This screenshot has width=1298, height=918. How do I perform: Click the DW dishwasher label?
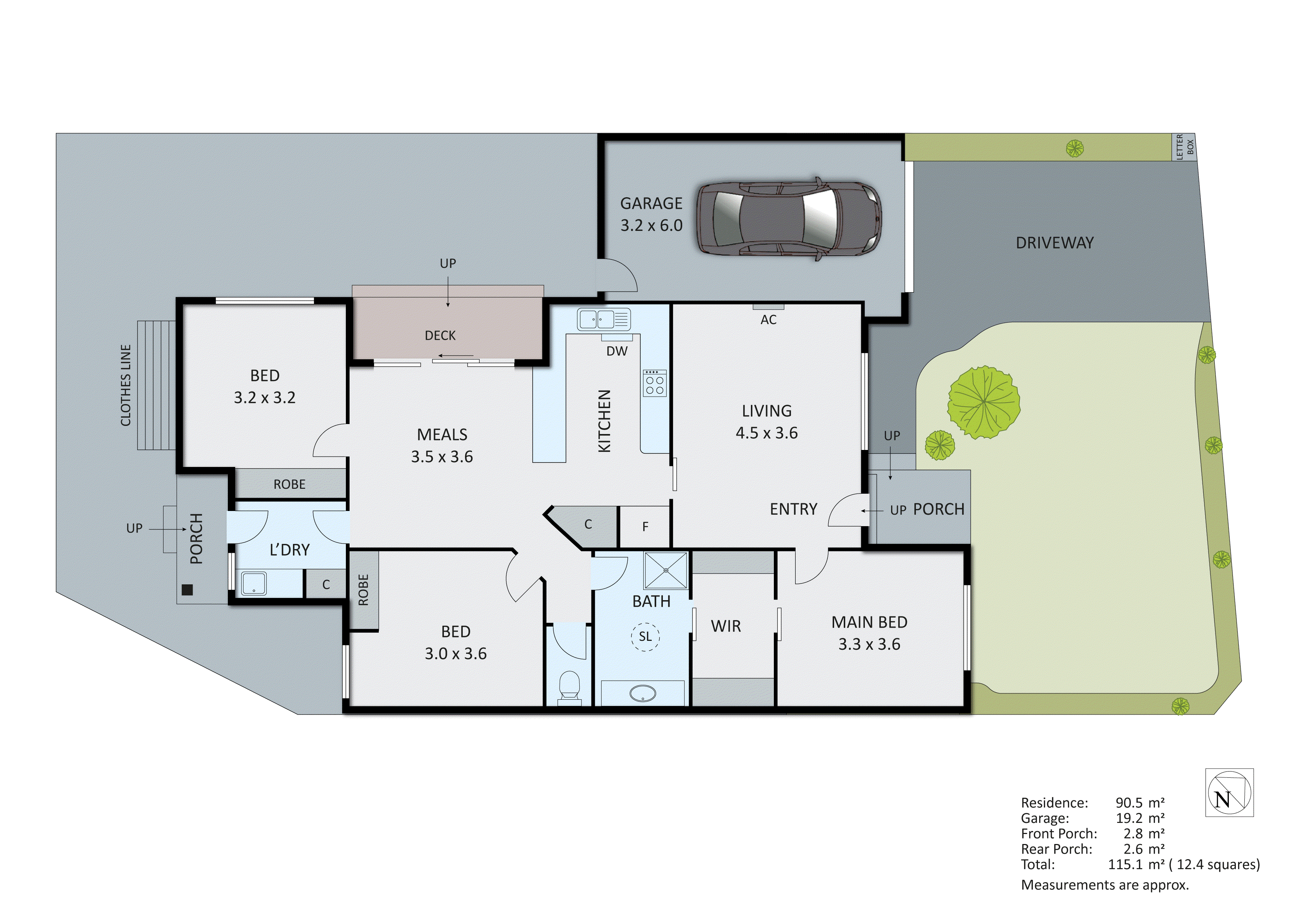click(x=617, y=351)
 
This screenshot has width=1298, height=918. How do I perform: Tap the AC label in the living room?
click(x=768, y=320)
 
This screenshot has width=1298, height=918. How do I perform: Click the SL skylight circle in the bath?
click(x=645, y=636)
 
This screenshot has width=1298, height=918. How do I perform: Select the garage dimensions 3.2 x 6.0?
click(x=651, y=226)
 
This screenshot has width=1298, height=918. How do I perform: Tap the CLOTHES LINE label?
click(x=125, y=385)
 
